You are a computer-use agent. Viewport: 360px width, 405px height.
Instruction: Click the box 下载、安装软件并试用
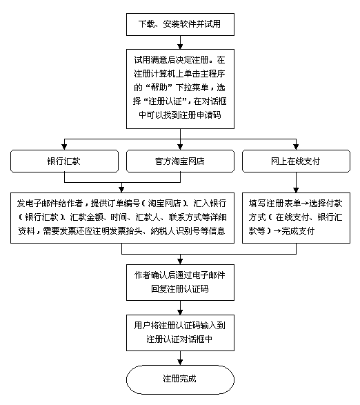(x=180, y=24)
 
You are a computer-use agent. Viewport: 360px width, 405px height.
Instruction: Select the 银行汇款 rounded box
(x=64, y=161)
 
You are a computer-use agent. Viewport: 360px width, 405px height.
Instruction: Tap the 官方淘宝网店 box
(x=180, y=161)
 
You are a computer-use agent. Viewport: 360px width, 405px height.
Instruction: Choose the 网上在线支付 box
(x=296, y=161)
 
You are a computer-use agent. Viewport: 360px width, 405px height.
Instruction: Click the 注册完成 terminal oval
(x=180, y=379)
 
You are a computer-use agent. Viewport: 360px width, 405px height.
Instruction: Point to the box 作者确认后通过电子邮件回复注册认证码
(x=180, y=282)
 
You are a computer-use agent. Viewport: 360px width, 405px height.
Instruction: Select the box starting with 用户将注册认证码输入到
(x=180, y=333)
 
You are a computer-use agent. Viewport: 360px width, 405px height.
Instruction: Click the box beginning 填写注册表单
(x=296, y=218)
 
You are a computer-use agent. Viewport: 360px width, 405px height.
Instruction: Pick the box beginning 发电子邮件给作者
(x=122, y=218)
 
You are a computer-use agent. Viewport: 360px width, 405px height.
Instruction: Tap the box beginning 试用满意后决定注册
(x=180, y=89)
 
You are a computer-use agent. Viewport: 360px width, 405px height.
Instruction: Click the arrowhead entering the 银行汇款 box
(x=64, y=147)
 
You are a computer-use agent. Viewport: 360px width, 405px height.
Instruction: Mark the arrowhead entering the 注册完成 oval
(x=180, y=362)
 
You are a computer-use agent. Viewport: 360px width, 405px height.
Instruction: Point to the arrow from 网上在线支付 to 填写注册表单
(x=296, y=182)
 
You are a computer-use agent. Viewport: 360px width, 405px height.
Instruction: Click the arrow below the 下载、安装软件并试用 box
(x=180, y=42)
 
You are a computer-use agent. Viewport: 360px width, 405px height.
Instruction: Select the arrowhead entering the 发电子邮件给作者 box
(x=121, y=190)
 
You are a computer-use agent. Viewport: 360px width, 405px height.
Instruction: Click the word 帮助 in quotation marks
(x=161, y=88)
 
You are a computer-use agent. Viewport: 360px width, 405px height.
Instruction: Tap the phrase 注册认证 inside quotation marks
(x=165, y=101)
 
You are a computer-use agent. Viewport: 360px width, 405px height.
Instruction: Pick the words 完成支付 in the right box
(x=297, y=231)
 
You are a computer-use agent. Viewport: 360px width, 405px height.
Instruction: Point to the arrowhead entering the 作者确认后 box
(x=180, y=261)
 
